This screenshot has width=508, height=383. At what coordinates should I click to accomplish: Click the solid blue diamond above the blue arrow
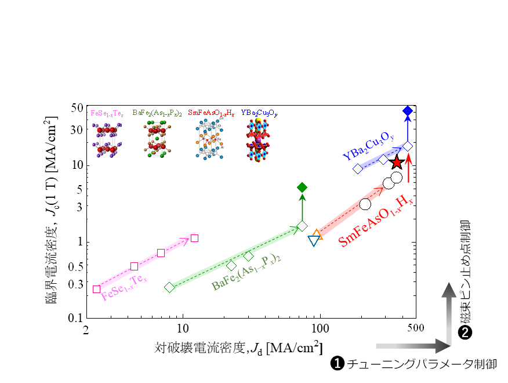(x=408, y=110)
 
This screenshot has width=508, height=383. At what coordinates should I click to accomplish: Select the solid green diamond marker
(x=302, y=187)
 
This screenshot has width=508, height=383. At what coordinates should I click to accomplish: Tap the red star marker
(x=397, y=162)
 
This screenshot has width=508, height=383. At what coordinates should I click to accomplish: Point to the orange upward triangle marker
(x=317, y=234)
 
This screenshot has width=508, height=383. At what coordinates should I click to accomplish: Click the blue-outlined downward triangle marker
(x=314, y=240)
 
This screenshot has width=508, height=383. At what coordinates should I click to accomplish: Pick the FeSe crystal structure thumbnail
(x=107, y=139)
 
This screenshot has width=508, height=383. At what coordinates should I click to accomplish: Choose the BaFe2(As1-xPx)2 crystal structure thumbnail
(x=158, y=139)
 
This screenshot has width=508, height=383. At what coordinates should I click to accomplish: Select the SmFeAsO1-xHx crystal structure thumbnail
(x=209, y=140)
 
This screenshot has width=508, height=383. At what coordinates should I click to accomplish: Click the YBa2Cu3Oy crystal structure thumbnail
(x=258, y=140)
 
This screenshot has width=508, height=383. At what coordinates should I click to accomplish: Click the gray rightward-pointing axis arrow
(x=412, y=346)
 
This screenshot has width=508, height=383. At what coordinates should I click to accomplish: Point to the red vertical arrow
(x=409, y=168)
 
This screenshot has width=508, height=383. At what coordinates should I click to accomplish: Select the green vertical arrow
(x=302, y=207)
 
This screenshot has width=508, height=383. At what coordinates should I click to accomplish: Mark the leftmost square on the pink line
(x=96, y=289)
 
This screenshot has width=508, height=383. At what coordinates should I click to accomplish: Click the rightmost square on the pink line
(x=194, y=238)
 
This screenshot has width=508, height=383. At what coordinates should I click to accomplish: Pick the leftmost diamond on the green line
(x=169, y=287)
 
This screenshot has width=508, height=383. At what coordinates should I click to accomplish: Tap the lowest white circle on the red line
(x=365, y=204)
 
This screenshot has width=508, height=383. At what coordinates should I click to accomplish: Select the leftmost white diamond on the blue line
(x=358, y=168)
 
